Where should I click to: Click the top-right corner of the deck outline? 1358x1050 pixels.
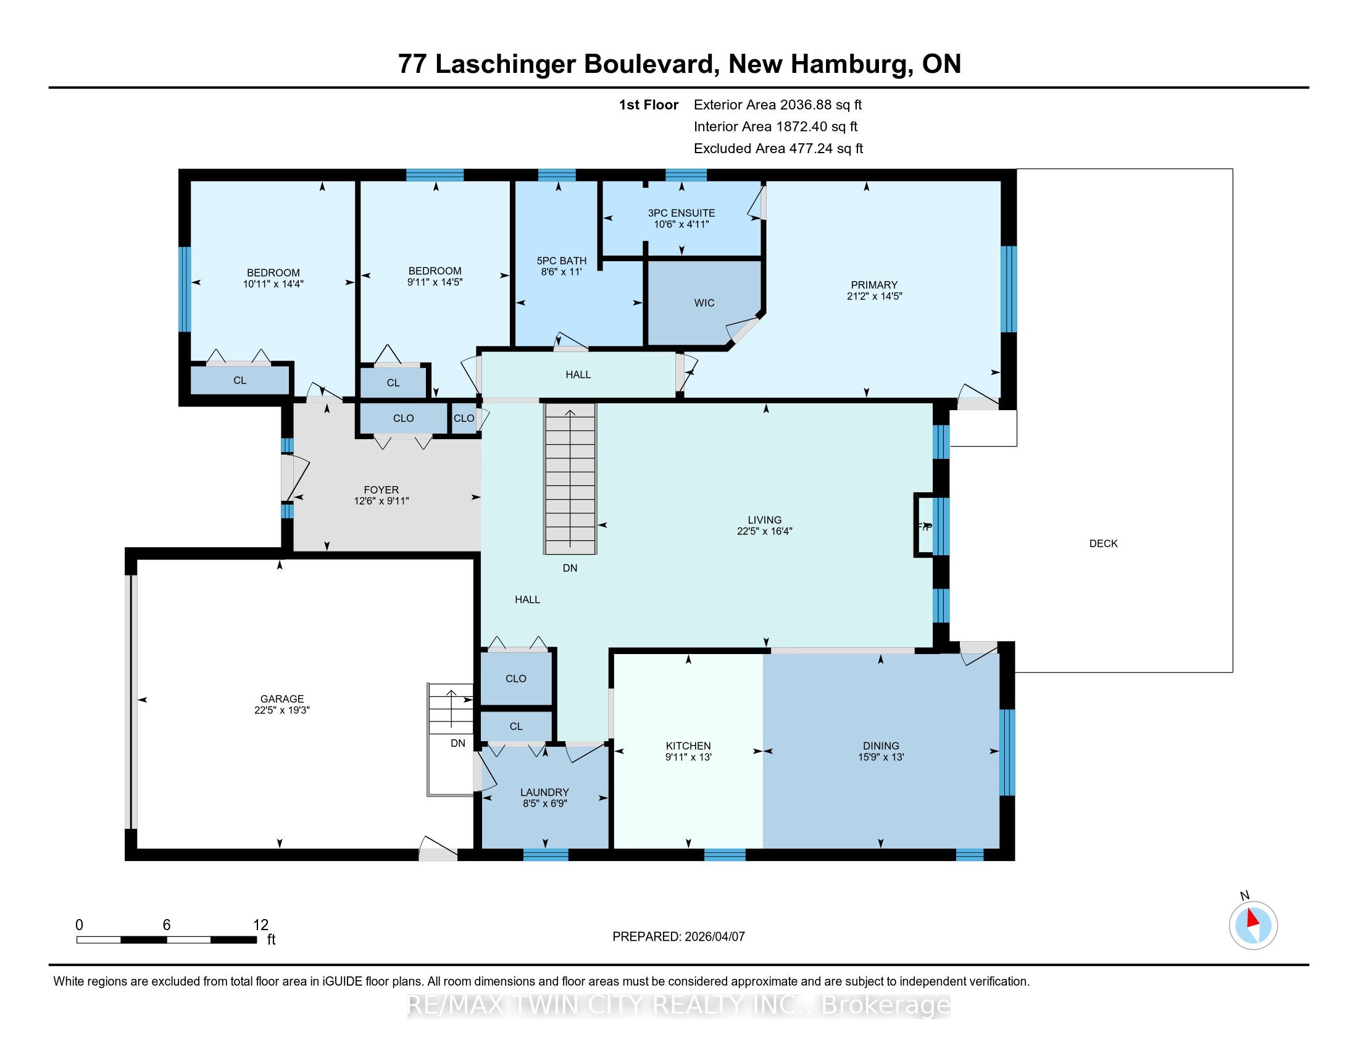tap(1233, 169)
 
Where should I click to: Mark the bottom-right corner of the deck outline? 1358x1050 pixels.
tap(1233, 672)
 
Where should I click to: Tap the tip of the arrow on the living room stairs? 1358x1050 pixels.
tap(570, 410)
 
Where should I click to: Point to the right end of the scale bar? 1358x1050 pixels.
tap(257, 940)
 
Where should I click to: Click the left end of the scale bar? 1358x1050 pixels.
tap(77, 940)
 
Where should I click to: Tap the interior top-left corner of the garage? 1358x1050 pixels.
tap(138, 559)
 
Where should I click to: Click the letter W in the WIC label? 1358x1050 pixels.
tap(698, 303)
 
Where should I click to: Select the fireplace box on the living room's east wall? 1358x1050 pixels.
tap(923, 524)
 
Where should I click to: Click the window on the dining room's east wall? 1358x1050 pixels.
tap(1007, 752)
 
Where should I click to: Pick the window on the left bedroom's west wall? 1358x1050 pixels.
tap(185, 289)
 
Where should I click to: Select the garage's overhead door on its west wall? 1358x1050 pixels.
tap(131, 701)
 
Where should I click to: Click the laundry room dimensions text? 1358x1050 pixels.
tap(544, 803)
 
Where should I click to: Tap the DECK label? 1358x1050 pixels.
tap(1104, 544)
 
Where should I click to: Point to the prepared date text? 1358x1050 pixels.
tap(678, 937)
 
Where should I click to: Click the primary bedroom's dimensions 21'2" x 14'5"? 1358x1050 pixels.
tap(874, 296)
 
